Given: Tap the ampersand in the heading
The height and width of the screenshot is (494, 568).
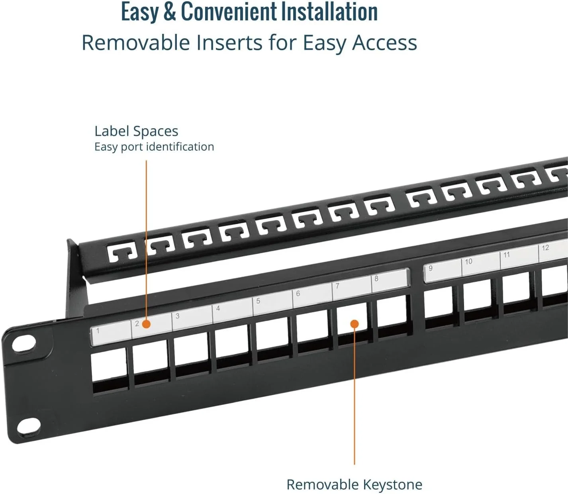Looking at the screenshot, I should click(169, 12).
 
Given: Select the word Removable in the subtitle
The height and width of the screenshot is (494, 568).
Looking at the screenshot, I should click(136, 43).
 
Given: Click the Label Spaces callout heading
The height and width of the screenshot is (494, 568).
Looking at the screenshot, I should click(136, 131).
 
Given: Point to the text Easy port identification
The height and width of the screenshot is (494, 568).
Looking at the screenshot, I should click(154, 147).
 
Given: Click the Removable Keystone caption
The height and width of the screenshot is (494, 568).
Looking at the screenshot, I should click(354, 485).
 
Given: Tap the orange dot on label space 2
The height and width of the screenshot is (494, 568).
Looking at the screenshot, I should click(146, 324).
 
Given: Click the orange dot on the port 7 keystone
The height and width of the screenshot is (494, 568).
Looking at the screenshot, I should click(354, 324).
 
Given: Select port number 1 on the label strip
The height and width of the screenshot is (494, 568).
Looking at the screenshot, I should click(98, 330).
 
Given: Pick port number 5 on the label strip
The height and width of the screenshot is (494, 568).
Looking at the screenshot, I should click(258, 301).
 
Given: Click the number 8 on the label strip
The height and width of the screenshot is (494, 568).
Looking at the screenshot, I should click(376, 278).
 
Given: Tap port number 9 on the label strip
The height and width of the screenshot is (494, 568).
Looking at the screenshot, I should click(431, 268).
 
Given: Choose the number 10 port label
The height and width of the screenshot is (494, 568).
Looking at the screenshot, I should click(468, 261).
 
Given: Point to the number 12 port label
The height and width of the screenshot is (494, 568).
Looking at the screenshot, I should click(545, 248).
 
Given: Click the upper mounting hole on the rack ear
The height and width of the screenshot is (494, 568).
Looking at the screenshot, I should click(24, 343).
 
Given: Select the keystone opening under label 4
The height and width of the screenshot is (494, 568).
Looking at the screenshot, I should click(232, 345).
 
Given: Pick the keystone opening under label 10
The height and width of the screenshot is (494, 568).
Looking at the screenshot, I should click(477, 297).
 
